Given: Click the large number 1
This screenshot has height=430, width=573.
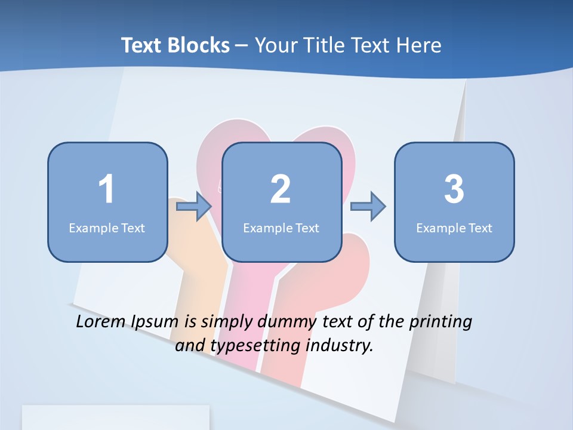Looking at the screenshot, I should tap(107, 190).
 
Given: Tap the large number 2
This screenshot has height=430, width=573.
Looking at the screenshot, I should tap(281, 190).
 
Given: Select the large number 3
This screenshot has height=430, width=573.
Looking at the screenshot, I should tap(454, 190).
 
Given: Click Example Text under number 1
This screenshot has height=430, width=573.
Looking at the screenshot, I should tap(107, 228).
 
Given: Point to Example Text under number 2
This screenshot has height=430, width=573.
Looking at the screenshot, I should tap(281, 228).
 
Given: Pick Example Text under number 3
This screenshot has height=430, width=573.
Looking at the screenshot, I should tap(454, 228).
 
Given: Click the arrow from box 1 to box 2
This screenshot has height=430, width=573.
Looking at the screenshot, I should tap(195, 207).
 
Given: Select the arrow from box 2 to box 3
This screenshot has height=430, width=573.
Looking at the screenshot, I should tap(368, 207).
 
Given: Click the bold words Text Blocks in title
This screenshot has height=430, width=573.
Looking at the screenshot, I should tap(175, 45).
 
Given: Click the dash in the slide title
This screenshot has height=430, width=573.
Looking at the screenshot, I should tap(242, 45).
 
